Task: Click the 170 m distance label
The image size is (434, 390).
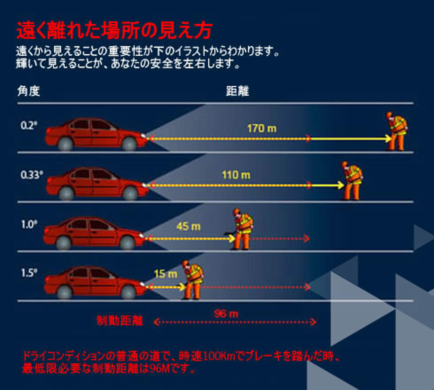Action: pyautogui.click(x=262, y=129)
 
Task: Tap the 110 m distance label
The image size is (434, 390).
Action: pyautogui.click(x=236, y=175)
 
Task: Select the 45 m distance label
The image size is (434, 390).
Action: pyautogui.click(x=189, y=226)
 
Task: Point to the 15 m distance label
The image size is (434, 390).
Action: pyautogui.click(x=166, y=274)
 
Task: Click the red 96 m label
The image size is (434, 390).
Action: pyautogui.click(x=226, y=314)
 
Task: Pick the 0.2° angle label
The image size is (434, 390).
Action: pyautogui.click(x=29, y=126)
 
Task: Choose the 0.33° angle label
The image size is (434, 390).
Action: pyautogui.click(x=32, y=175)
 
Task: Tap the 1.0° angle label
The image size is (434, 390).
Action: pyautogui.click(x=29, y=224)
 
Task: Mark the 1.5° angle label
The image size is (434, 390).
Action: pyautogui.click(x=29, y=273)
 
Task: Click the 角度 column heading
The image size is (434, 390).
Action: pyautogui.click(x=28, y=91)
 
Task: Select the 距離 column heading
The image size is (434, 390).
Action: pyautogui.click(x=238, y=91)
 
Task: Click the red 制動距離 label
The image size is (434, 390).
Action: pyautogui.click(x=120, y=321)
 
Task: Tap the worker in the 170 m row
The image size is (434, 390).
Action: pyautogui.click(x=396, y=131)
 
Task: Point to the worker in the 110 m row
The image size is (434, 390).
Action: pyautogui.click(x=352, y=180)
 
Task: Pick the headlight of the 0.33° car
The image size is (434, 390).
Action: pyautogui.click(x=144, y=185)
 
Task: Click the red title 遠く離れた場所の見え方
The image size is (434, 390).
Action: pyautogui.click(x=114, y=30)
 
